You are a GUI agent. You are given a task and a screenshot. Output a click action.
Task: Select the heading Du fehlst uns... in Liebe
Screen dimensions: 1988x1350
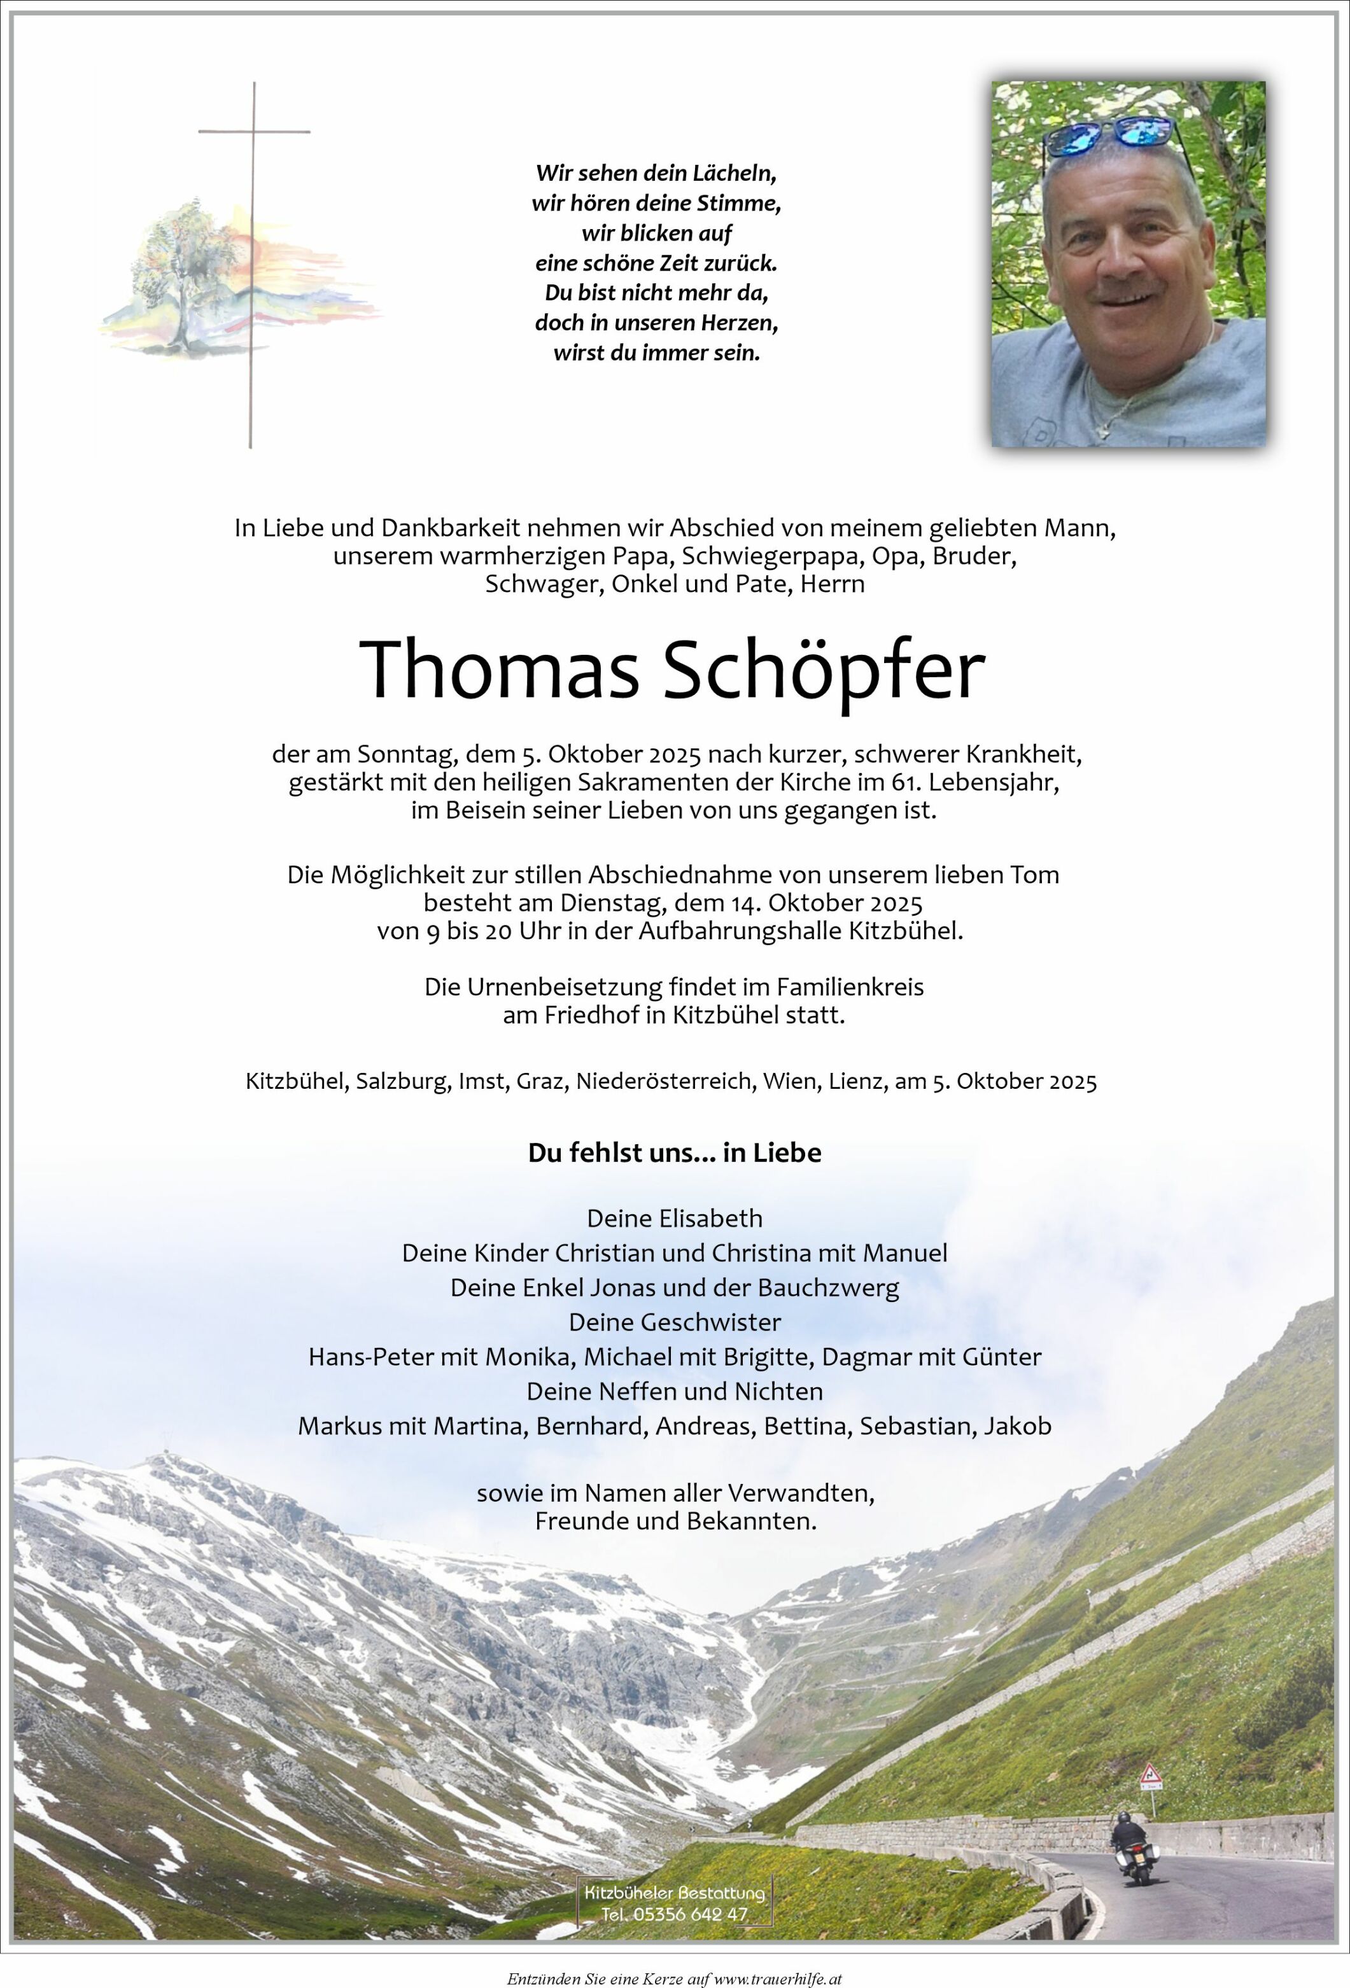(x=675, y=1152)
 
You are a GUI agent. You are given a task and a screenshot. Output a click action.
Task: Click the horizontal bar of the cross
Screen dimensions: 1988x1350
(x=254, y=132)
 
